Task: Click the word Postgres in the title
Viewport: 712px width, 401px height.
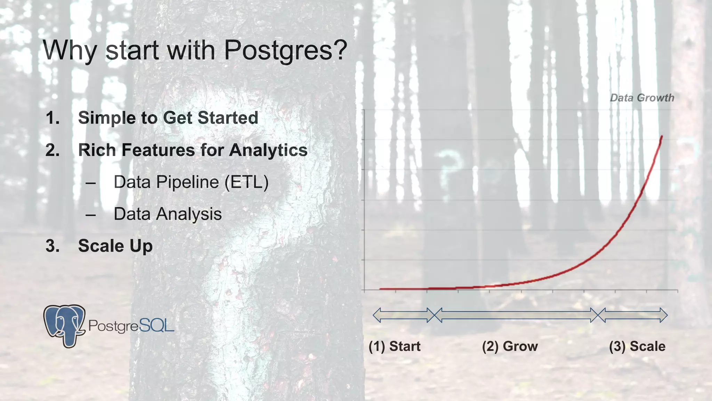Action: [285, 50]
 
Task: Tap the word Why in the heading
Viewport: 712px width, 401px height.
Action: [70, 50]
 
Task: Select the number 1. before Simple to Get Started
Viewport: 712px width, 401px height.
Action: [53, 118]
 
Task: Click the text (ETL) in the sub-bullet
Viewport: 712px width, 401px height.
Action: [246, 182]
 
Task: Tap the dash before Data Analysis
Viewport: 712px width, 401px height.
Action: [90, 215]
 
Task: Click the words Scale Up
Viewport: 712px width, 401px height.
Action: [115, 246]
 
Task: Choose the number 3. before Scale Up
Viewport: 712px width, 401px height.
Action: [53, 246]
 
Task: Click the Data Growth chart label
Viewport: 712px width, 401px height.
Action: [642, 98]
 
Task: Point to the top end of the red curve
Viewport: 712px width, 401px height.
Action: [662, 137]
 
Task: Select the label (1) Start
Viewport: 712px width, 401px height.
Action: [395, 346]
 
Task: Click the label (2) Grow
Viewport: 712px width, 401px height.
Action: [510, 346]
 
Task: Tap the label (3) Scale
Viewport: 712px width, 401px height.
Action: [637, 346]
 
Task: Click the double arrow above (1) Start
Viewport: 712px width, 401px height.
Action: [403, 315]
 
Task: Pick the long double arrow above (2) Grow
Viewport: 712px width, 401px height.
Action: [516, 315]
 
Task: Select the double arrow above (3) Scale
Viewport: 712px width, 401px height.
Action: [633, 315]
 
